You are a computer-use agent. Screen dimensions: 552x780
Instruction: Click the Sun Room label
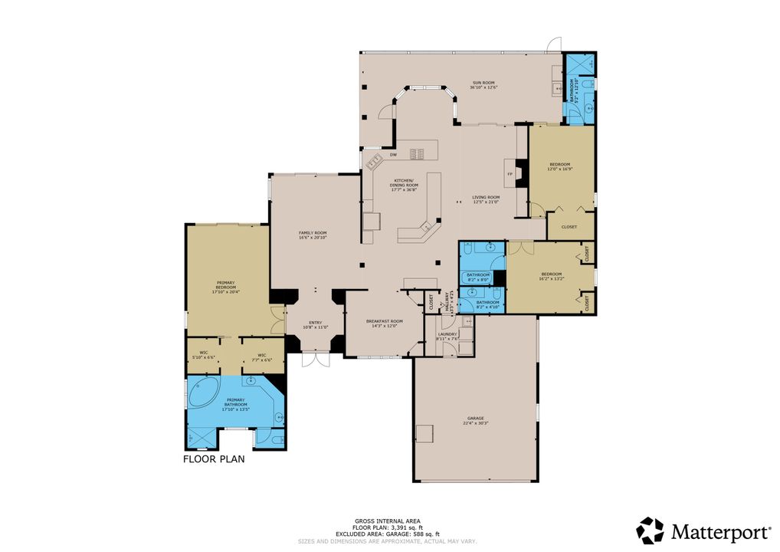point(483,84)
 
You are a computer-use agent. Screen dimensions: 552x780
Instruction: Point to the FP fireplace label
point(510,175)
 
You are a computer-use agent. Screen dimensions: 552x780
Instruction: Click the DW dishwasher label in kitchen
point(393,155)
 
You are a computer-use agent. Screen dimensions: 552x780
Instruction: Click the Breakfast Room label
point(384,324)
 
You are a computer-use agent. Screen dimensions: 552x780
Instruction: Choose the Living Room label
point(485,199)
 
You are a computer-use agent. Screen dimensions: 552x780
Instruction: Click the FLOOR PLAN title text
point(213,460)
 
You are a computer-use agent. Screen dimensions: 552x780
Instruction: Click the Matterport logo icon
point(650,531)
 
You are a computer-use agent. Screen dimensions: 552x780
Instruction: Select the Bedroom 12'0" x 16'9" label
point(560,166)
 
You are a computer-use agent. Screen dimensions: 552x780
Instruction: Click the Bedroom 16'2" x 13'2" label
point(552,277)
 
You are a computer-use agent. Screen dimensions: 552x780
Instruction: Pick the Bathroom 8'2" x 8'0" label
point(478,277)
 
